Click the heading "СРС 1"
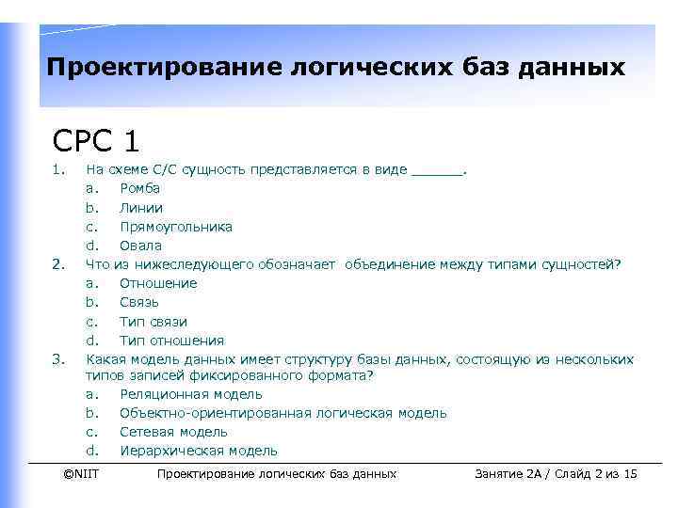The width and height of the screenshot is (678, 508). [x=97, y=140]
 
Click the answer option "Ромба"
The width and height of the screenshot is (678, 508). [x=139, y=189]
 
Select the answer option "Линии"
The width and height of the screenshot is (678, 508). [x=140, y=208]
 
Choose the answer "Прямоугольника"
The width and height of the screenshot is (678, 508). [x=175, y=227]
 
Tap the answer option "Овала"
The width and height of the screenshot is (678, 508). [x=139, y=246]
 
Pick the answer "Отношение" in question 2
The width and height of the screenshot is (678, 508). [x=157, y=283]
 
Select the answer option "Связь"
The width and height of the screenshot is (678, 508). [x=139, y=302]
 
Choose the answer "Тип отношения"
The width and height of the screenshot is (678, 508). [x=171, y=341]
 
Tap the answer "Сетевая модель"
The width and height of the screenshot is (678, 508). [x=173, y=432]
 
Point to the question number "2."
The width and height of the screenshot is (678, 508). [x=58, y=264]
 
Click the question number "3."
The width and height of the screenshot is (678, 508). [x=58, y=359]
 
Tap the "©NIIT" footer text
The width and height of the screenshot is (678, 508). [x=80, y=474]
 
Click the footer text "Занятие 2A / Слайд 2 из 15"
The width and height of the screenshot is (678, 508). [x=557, y=474]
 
